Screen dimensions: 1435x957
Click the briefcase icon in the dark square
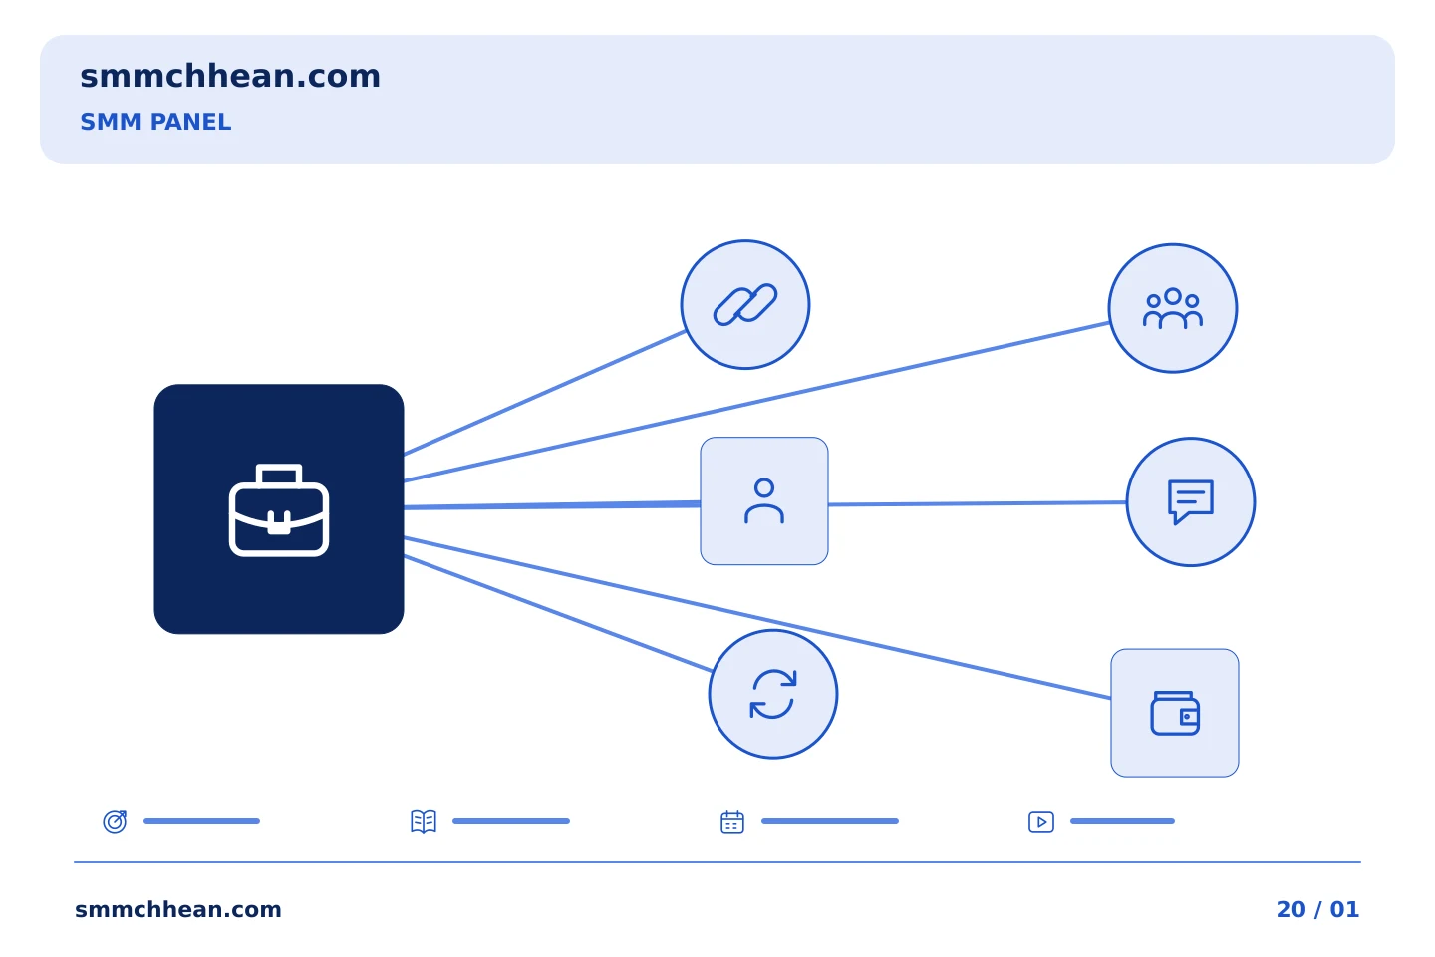click(x=279, y=509)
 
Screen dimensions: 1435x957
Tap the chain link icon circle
click(x=745, y=304)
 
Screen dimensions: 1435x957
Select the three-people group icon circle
click(x=1173, y=308)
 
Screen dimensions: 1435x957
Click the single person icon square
click(x=764, y=501)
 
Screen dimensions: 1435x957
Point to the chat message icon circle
click(x=1191, y=501)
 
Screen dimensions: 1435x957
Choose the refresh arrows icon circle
click(x=773, y=694)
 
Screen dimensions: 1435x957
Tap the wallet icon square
click(x=1175, y=713)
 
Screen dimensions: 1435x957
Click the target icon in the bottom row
click(x=116, y=821)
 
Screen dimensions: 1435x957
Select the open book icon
click(x=424, y=821)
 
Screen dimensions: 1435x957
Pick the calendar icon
click(x=732, y=821)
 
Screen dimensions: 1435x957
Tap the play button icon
click(x=1041, y=821)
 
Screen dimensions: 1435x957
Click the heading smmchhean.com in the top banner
click(x=230, y=77)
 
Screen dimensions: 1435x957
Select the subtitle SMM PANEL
click(x=155, y=122)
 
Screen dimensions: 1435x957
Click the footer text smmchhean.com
click(x=178, y=909)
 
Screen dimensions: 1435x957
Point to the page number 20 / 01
click(x=1317, y=909)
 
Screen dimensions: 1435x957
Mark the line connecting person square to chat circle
click(x=978, y=503)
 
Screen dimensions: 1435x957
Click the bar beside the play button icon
click(x=1122, y=821)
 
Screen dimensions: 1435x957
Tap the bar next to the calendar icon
click(x=829, y=821)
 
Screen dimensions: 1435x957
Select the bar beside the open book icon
click(x=511, y=821)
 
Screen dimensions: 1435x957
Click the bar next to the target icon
click(x=201, y=821)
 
